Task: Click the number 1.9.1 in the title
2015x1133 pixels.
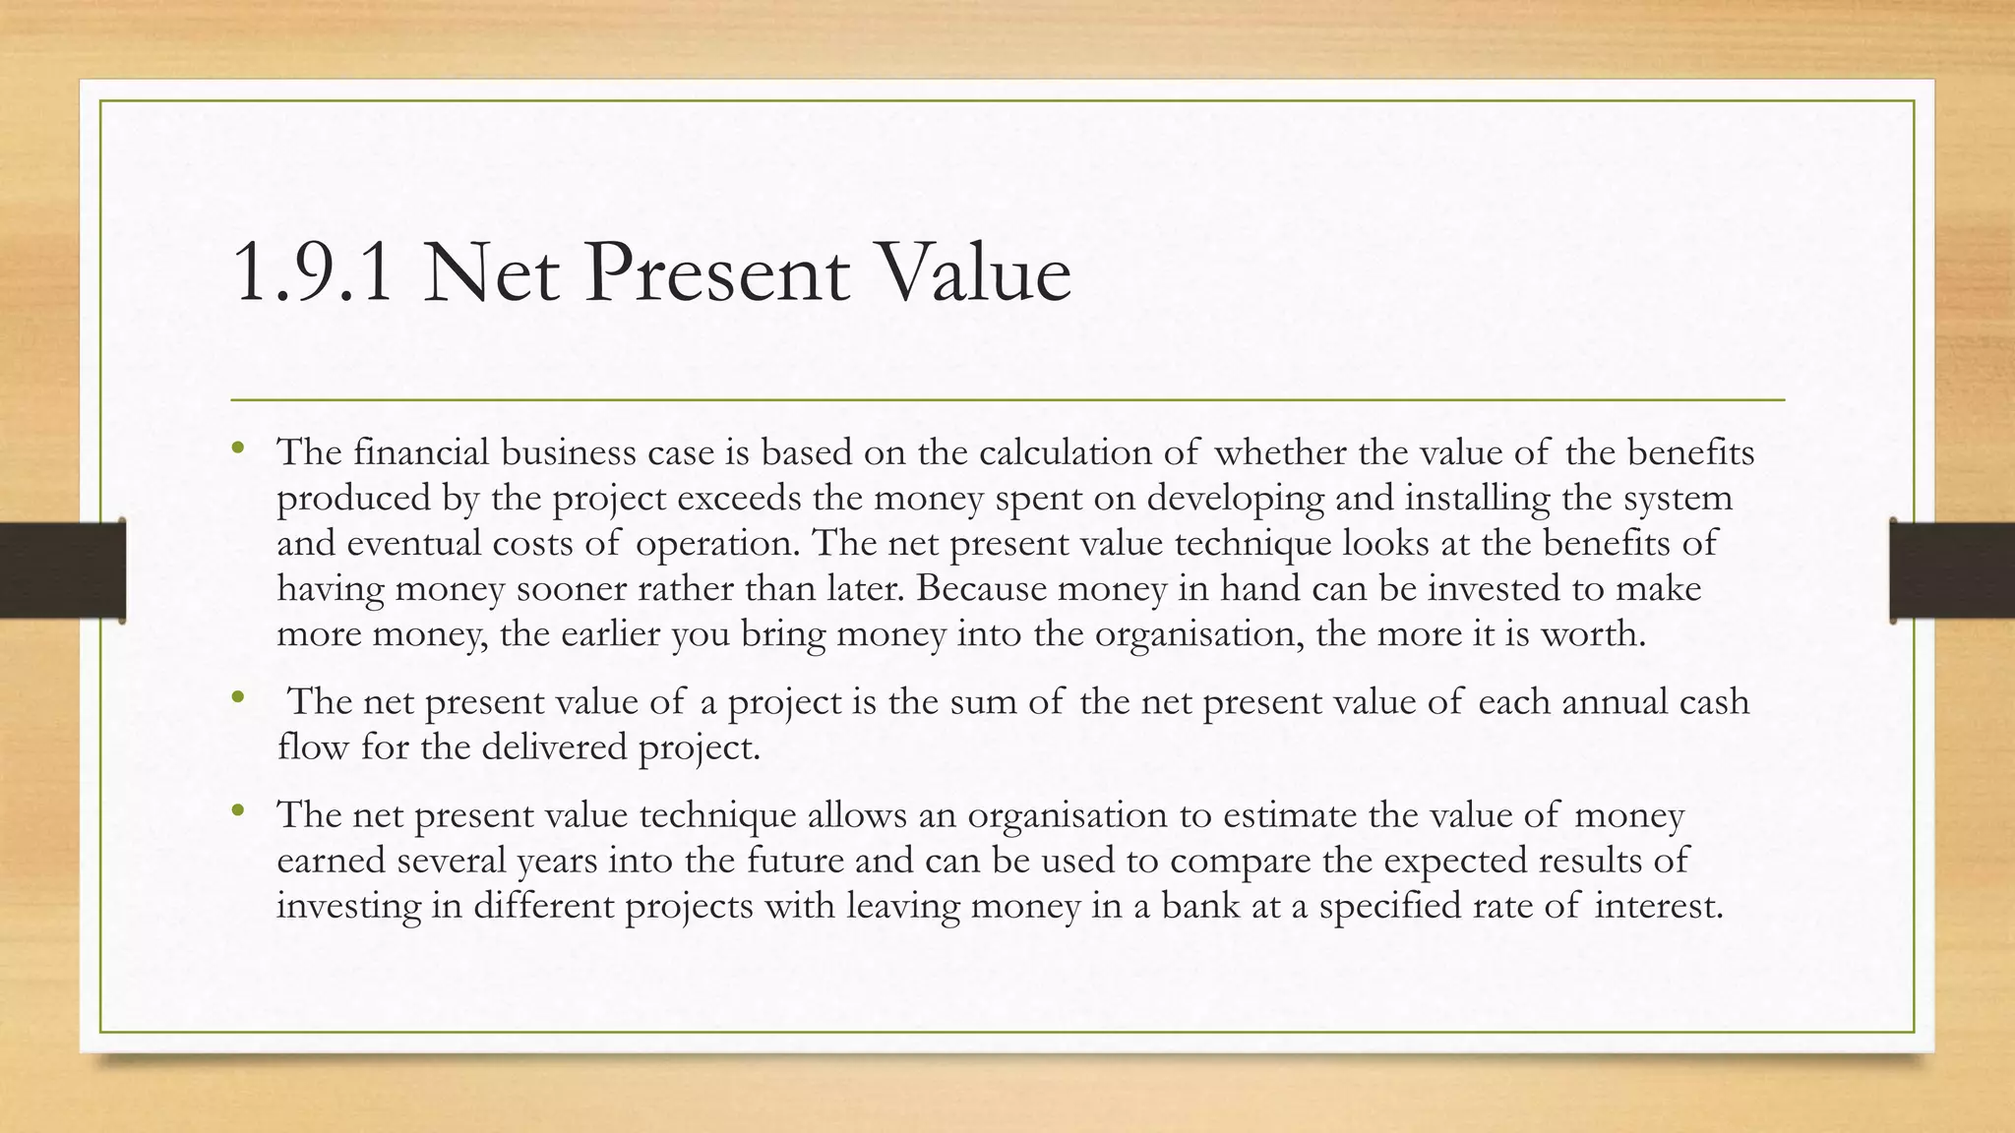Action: click(x=313, y=273)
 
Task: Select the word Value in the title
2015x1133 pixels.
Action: click(x=970, y=273)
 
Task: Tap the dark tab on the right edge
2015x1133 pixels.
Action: click(x=1952, y=570)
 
